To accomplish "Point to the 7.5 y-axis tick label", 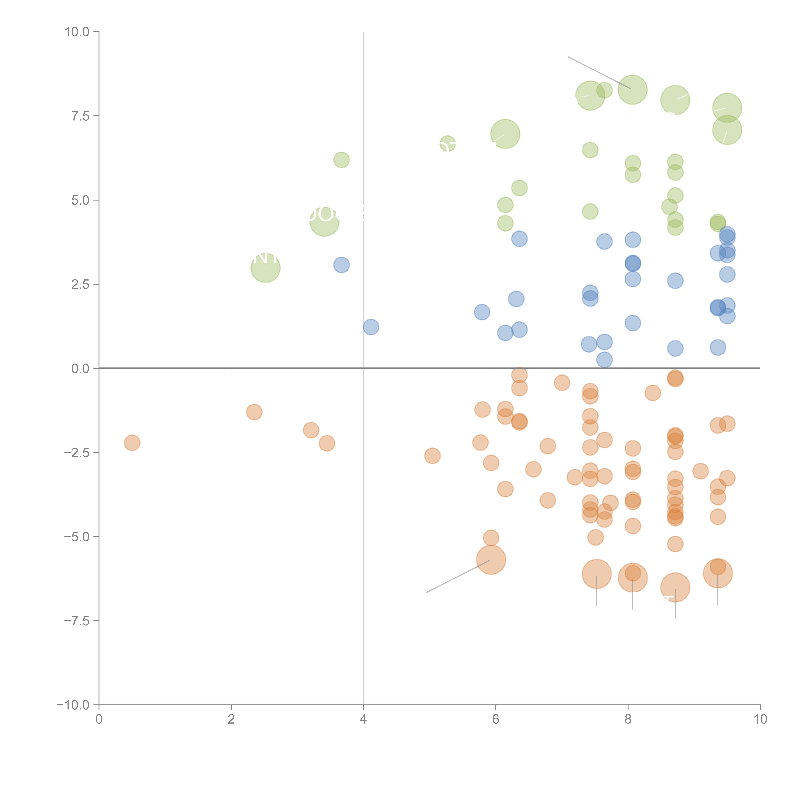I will tap(80, 116).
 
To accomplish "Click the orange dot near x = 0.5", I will tap(132, 443).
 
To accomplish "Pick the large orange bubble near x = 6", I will tap(491, 560).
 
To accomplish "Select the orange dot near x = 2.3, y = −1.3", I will tap(254, 412).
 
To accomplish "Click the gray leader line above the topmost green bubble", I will tap(598, 72).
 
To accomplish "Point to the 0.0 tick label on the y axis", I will tap(80, 369).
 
